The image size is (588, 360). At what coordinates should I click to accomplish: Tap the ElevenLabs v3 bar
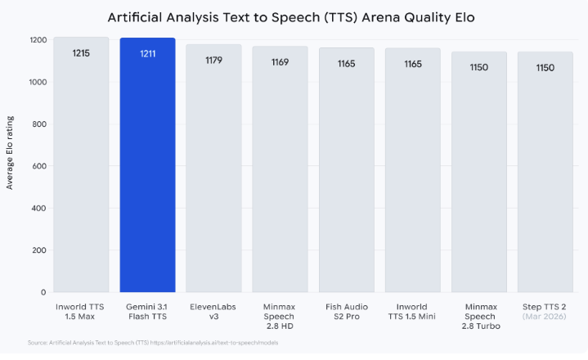pos(213,172)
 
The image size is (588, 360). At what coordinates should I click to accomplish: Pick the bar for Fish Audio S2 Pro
pos(346,172)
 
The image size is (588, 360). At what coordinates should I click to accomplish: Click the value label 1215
pos(81,53)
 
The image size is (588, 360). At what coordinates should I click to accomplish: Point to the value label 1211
pos(147,54)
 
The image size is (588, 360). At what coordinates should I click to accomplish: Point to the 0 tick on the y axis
pos(43,292)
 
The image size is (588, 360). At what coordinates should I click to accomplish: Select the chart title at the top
pos(294,16)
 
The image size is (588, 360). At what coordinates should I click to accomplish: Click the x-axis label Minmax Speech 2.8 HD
pos(280,315)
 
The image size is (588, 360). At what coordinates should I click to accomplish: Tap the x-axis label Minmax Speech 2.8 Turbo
pos(478,315)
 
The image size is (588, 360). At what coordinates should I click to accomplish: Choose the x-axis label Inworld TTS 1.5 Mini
pos(412,310)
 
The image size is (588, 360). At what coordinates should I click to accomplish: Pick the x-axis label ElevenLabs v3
pos(213,310)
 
